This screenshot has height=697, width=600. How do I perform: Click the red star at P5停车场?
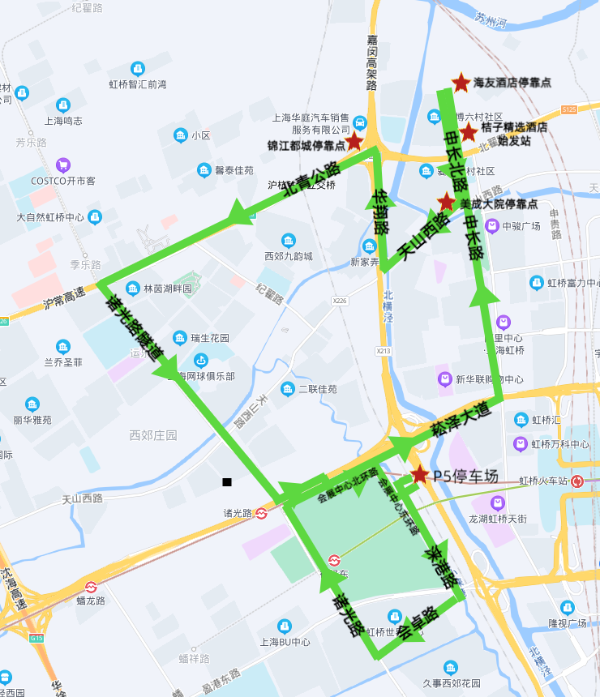(x=419, y=474)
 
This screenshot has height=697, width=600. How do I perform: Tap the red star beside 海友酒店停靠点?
(x=461, y=82)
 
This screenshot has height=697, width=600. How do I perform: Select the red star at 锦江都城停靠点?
(x=354, y=142)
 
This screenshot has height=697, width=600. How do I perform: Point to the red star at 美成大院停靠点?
(x=446, y=202)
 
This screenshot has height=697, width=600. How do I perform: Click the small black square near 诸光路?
(x=227, y=482)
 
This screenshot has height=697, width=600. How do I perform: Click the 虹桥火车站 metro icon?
(x=576, y=481)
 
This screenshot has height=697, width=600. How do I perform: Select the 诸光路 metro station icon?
(x=262, y=513)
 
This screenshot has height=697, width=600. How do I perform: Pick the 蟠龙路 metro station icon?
(x=92, y=587)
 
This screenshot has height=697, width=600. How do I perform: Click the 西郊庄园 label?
(x=153, y=435)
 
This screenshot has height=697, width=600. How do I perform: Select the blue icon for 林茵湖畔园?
(x=131, y=289)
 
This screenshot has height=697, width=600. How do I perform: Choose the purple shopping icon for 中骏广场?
(x=491, y=225)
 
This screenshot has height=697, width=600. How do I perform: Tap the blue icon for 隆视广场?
(x=568, y=607)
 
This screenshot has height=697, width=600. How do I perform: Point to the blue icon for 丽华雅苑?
(x=32, y=404)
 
